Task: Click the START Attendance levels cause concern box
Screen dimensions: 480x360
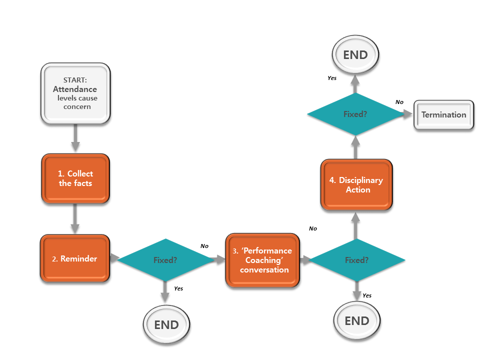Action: tap(75, 93)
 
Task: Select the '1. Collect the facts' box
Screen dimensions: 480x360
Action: tap(75, 178)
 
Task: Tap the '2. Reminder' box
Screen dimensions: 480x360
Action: tap(75, 258)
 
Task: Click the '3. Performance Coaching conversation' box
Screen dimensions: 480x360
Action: tap(262, 260)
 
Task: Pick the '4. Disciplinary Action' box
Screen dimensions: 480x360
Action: tap(356, 184)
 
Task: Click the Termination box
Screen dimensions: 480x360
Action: tap(443, 115)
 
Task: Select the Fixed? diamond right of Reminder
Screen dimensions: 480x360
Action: tap(165, 260)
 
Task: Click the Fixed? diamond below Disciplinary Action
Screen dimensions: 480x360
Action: tap(357, 260)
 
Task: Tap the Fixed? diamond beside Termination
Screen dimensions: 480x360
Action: tap(355, 114)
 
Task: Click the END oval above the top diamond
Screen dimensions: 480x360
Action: tap(355, 55)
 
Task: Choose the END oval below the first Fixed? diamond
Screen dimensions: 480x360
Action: tap(166, 324)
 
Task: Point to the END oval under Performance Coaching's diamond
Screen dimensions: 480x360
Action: tap(357, 320)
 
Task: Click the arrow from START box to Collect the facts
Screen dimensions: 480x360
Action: tap(75, 138)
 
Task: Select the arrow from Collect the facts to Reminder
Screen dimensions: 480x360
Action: tap(75, 218)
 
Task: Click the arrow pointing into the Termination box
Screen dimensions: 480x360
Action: tap(408, 114)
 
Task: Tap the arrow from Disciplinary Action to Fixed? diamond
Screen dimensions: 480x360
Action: tap(355, 147)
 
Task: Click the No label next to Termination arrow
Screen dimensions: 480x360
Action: tap(399, 102)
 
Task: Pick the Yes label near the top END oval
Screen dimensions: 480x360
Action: tap(332, 78)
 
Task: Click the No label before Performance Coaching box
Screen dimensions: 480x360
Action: tap(204, 246)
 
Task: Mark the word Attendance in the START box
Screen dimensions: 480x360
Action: tap(75, 89)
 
